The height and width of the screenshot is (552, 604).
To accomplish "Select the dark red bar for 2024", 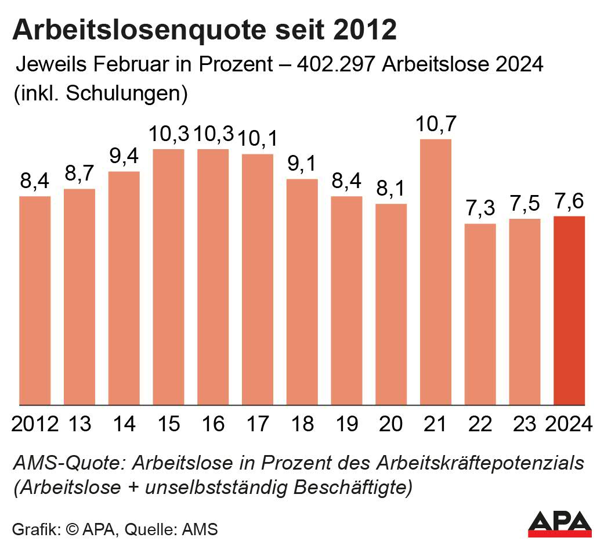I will coord(569,311).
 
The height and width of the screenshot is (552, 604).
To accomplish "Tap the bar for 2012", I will coord(35,301).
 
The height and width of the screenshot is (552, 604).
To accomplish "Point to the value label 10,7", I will coord(436,125).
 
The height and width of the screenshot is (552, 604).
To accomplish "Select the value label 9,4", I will coord(124,157).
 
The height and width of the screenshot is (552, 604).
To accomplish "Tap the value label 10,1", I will coord(258,139).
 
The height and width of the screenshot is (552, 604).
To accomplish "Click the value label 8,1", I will coord(391,190).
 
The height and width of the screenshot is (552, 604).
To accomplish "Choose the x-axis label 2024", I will coord(569,424).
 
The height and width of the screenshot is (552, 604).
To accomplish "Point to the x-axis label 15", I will coord(168,424).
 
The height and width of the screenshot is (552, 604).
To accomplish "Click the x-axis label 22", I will coord(480,424).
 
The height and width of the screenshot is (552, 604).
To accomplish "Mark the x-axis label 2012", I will coord(35,424).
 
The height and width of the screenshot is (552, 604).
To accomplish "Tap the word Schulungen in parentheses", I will coord(125,93).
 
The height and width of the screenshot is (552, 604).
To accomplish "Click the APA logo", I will coord(559,524).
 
